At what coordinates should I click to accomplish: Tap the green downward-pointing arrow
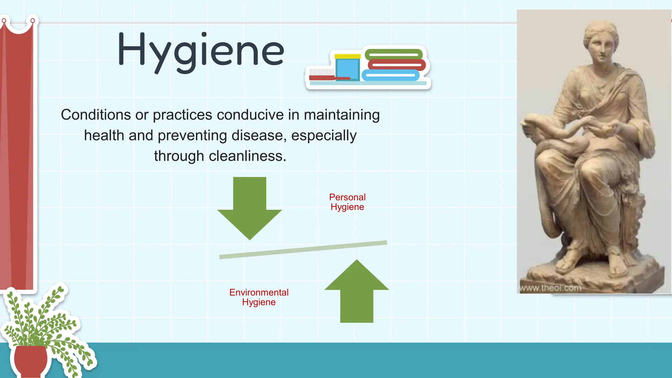(249, 207)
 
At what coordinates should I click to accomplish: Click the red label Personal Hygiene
(347, 202)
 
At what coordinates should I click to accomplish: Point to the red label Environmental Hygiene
(259, 297)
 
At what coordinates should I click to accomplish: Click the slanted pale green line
(303, 250)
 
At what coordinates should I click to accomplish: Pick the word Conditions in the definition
(96, 115)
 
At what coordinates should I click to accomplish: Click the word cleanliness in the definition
(247, 156)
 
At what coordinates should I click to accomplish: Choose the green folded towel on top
(393, 54)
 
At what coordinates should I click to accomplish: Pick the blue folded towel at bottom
(390, 75)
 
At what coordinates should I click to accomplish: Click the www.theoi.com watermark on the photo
(550, 288)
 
